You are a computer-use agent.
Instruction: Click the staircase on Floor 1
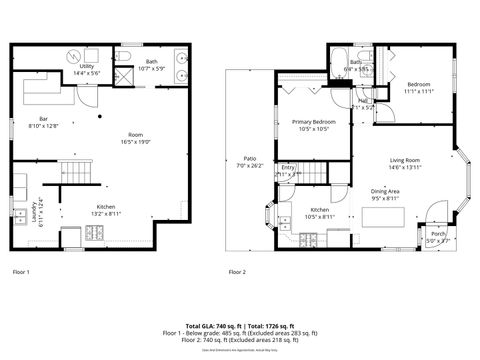[71, 175]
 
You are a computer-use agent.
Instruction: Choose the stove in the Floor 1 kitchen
[95, 234]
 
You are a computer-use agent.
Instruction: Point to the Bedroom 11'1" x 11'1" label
[419, 87]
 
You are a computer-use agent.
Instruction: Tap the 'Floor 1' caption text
[21, 272]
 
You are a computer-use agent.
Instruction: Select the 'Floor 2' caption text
[237, 272]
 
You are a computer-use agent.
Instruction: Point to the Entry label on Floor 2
[288, 170]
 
